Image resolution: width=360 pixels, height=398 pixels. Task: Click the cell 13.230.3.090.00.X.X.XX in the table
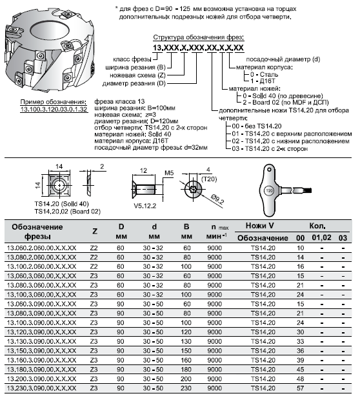click(x=41, y=388)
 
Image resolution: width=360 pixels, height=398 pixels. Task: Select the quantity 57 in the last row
click(x=301, y=388)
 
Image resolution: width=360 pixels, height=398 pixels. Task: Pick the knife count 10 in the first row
click(x=301, y=248)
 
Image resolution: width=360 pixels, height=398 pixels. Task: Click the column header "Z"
click(x=95, y=231)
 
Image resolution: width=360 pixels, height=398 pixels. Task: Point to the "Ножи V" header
click(x=259, y=226)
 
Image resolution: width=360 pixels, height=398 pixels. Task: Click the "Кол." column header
click(x=317, y=226)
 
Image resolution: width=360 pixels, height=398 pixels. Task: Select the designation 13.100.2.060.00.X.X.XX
click(x=41, y=267)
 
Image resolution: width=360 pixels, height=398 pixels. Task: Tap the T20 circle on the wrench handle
click(x=269, y=190)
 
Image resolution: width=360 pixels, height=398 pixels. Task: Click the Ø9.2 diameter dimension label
click(x=217, y=199)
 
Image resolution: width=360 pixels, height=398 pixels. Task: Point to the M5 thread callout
click(x=169, y=173)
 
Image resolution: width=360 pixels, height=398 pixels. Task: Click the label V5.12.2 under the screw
click(x=145, y=206)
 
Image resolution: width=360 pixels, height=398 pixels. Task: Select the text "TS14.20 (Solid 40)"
click(x=61, y=204)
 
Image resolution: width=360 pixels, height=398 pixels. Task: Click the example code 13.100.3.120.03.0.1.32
click(x=54, y=110)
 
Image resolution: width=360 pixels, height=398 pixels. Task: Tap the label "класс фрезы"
click(x=132, y=59)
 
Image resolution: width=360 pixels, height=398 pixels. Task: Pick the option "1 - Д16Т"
click(x=263, y=81)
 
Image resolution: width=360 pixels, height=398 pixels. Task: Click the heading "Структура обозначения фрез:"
click(x=199, y=37)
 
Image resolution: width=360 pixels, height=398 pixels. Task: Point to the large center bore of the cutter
click(x=50, y=30)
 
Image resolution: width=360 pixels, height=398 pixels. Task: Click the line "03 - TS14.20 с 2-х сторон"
click(x=270, y=149)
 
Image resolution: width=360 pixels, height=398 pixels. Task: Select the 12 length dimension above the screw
click(x=143, y=170)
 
